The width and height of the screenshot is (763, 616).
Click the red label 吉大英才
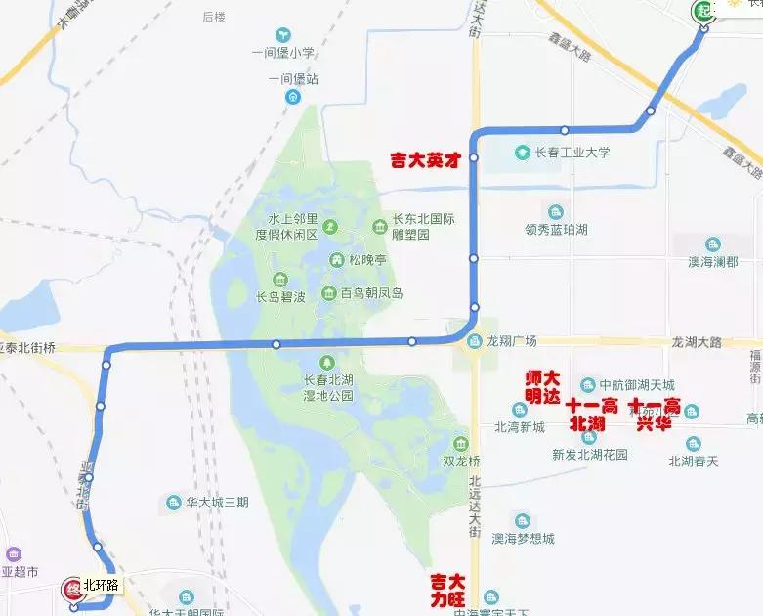424,159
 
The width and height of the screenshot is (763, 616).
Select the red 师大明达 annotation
542,387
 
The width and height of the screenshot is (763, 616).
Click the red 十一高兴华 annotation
656,415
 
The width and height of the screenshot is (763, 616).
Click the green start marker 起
702,11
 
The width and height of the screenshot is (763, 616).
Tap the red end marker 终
72,589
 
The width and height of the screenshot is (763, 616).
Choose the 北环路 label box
101,585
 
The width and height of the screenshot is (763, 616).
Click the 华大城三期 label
217,503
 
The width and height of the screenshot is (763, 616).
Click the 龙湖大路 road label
697,342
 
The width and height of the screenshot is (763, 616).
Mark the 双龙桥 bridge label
462,461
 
